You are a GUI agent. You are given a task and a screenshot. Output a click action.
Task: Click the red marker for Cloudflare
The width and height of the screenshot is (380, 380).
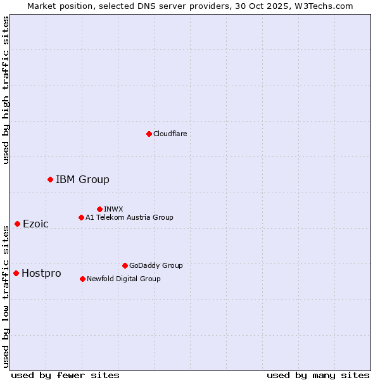[x=149, y=134]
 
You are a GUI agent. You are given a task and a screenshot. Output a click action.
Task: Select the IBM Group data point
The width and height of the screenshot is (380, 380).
[x=50, y=179]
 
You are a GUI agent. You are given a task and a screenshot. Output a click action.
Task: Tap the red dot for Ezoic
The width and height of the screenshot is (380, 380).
[x=17, y=224]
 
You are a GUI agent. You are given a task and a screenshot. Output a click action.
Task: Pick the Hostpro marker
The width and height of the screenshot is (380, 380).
[x=16, y=273]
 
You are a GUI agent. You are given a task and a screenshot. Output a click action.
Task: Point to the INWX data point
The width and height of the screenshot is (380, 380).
[x=99, y=209]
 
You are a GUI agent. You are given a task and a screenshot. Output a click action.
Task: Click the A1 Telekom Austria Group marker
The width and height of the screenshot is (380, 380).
[x=81, y=217]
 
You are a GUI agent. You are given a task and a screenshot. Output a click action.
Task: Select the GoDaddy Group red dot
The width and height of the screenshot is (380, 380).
[x=125, y=265]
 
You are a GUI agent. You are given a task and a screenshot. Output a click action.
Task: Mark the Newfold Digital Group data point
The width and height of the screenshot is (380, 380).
[x=82, y=279]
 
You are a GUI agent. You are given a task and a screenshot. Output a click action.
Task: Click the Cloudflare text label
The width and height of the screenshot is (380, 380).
[x=170, y=134]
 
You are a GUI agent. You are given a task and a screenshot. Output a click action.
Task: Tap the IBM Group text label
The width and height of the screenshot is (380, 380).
[x=82, y=179]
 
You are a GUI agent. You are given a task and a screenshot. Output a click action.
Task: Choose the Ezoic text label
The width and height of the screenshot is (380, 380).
[x=35, y=224]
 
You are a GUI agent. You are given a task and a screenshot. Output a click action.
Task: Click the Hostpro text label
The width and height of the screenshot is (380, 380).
[x=41, y=273]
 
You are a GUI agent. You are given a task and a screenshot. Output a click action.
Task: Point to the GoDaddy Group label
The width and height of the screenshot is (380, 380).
[x=156, y=265]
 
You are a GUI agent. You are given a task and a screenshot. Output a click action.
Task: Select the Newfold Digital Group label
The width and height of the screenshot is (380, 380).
[x=123, y=279]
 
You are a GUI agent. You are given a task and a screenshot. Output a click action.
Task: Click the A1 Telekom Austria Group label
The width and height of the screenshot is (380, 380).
[x=129, y=217]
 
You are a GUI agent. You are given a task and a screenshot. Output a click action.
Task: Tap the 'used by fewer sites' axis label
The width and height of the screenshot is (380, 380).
[x=65, y=375]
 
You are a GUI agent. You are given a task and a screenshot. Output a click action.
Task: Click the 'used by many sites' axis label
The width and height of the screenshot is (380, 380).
[x=318, y=375]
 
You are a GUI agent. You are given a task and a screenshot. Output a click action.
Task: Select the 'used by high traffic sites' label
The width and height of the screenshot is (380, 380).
[x=6, y=90]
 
